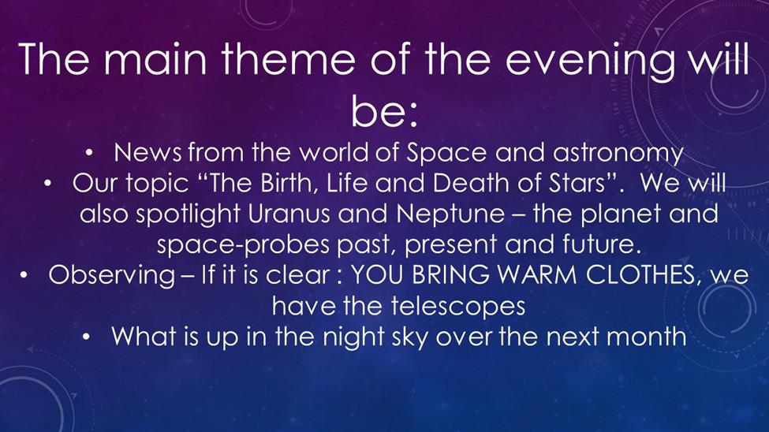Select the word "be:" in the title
384,112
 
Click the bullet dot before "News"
89,154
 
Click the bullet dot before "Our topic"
47,184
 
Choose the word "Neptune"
450,215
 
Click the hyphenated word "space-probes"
243,245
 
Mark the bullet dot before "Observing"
23,276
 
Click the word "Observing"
111,276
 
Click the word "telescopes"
458,307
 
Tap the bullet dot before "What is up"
87,337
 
